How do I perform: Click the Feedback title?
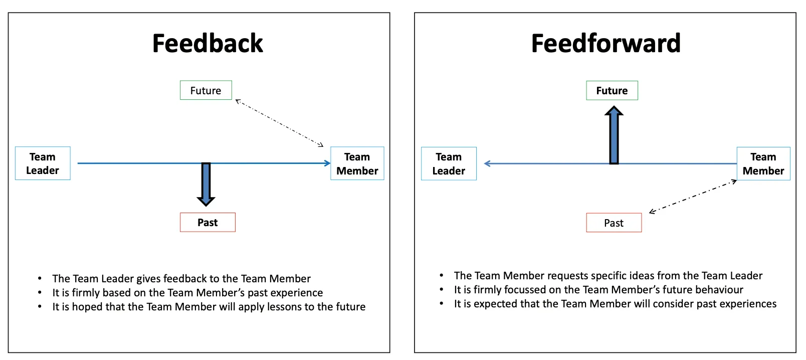[x=208, y=43]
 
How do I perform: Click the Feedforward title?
[x=606, y=43]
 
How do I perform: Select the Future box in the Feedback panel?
[x=206, y=90]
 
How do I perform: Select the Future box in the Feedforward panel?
[x=612, y=90]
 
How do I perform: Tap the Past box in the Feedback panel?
[x=208, y=223]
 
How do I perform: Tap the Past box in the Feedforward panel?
[x=614, y=223]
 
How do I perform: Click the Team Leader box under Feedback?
[x=43, y=163]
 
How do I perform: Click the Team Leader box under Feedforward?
[x=449, y=164]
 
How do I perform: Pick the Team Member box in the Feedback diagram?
[x=357, y=163]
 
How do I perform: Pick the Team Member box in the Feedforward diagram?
[x=763, y=164]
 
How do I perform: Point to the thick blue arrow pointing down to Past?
[x=206, y=184]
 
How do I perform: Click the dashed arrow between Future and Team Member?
[x=279, y=123]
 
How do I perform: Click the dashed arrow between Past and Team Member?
[x=693, y=196]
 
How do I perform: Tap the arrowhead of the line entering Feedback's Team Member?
[x=328, y=163]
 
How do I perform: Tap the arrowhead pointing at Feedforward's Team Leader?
[x=487, y=163]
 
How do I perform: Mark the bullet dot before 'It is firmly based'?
[x=40, y=293]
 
